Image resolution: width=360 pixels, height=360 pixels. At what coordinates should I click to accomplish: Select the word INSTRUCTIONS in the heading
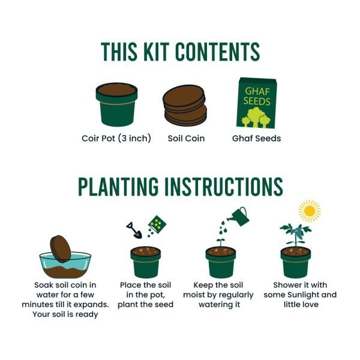tap(226, 188)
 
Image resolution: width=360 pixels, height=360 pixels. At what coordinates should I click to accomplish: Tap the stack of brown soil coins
tap(185, 106)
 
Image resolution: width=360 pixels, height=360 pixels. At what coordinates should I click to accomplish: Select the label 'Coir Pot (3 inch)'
tap(116, 139)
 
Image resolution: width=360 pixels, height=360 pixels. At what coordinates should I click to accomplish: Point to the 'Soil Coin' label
tap(186, 139)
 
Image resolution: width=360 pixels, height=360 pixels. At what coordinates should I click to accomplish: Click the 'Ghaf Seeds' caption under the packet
tap(256, 139)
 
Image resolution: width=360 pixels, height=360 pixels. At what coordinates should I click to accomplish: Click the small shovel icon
tap(134, 230)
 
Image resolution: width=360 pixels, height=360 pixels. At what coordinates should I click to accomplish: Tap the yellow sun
tap(310, 211)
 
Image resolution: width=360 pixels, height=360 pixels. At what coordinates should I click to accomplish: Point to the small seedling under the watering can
tap(220, 242)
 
